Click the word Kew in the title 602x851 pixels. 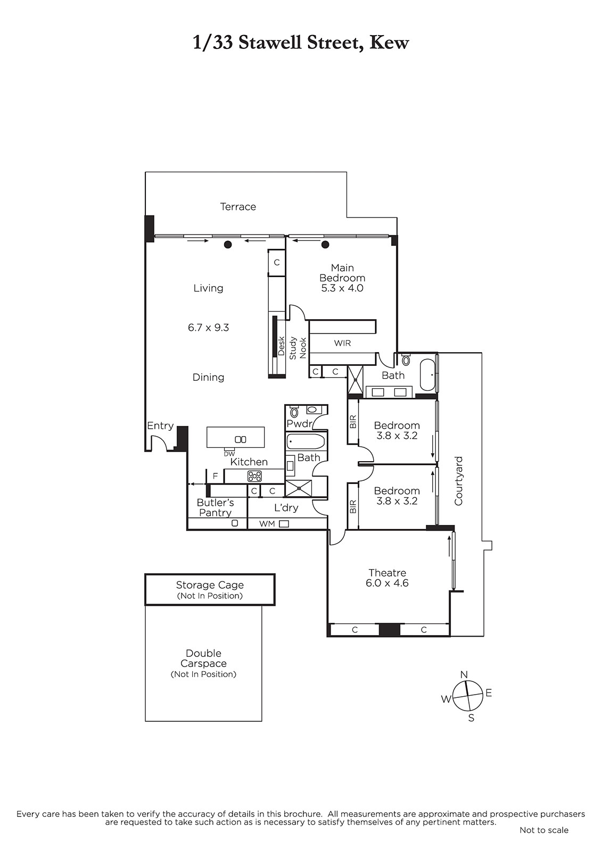(390, 43)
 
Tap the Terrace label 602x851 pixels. (238, 207)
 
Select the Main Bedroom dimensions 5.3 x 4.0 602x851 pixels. (342, 288)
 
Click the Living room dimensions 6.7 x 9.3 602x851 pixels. (209, 328)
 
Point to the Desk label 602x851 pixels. (282, 346)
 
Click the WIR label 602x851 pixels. (342, 343)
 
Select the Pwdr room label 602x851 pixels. (299, 423)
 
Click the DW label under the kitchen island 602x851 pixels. (229, 454)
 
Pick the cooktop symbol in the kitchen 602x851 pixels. (254, 475)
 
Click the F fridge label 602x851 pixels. (215, 476)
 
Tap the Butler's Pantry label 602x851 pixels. (215, 507)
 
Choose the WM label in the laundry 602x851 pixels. (267, 523)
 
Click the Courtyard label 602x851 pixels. (459, 481)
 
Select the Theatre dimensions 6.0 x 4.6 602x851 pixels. (387, 583)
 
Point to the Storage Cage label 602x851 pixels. (210, 585)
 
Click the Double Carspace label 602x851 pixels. (203, 658)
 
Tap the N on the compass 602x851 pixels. (464, 675)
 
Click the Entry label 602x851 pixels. (161, 426)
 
